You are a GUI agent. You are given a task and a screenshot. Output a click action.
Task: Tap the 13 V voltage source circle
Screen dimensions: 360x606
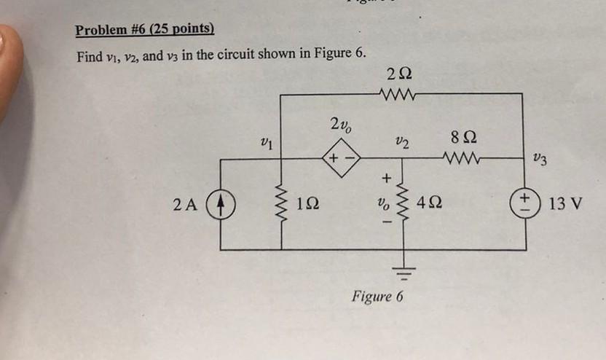pyautogui.click(x=522, y=203)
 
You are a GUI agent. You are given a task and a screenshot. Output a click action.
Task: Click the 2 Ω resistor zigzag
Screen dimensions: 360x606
pyautogui.click(x=398, y=93)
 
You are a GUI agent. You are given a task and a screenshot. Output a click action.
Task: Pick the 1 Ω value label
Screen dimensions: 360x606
pyautogui.click(x=308, y=204)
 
